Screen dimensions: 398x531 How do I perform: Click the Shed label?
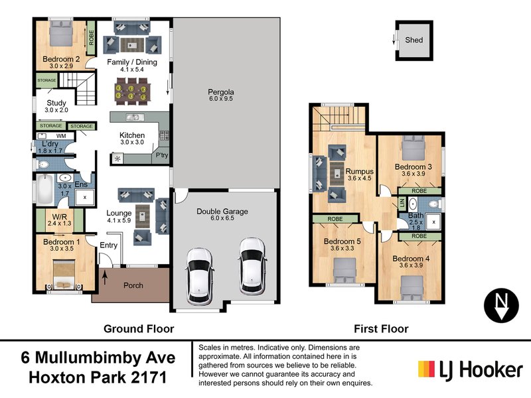(x=414, y=40)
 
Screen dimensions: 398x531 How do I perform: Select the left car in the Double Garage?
(x=199, y=273)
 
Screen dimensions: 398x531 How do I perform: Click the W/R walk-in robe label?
(x=52, y=216)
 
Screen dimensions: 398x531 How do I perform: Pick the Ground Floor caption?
(x=138, y=328)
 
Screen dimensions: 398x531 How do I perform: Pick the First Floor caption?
(x=380, y=328)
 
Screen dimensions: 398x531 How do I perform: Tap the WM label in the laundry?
(x=60, y=135)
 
